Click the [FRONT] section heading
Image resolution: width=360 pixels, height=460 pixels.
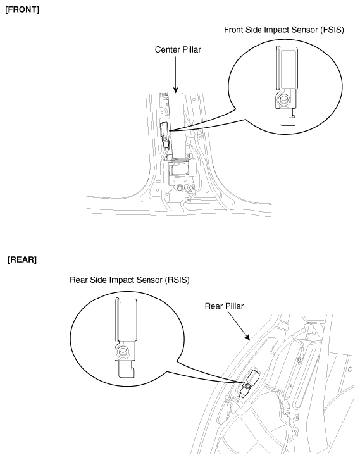point(22,9)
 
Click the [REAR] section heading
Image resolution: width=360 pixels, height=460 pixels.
point(22,259)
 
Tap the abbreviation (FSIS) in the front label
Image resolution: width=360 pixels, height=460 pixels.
point(332,30)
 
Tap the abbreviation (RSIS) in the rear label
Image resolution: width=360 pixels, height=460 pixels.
point(177,280)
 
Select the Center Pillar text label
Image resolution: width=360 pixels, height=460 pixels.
point(178,49)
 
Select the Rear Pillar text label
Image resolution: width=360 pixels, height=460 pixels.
point(224,306)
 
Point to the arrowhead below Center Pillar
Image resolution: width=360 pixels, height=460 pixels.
point(176,90)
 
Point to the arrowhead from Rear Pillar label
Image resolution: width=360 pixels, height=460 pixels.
point(247,337)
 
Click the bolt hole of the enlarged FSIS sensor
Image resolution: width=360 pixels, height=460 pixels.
point(283,99)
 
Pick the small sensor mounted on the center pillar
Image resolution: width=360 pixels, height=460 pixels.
point(165,135)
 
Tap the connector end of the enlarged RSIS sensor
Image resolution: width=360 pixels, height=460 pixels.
point(127,369)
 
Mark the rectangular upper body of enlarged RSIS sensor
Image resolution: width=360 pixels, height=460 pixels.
point(126,319)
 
